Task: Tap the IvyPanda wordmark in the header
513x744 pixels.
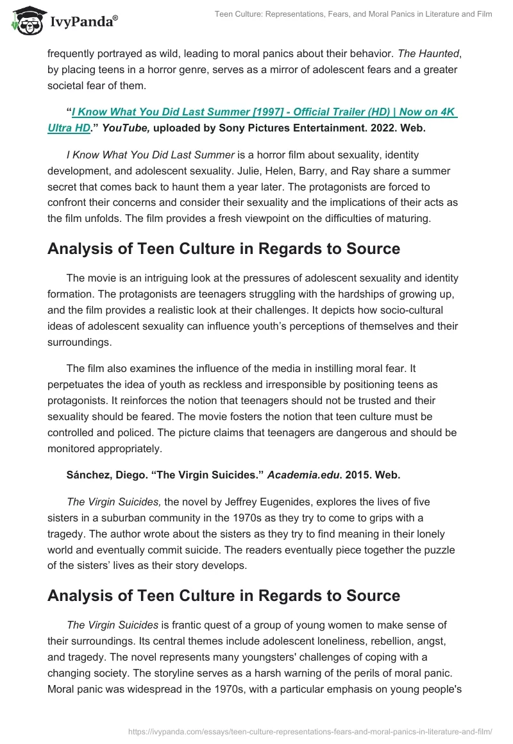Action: click(83, 21)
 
